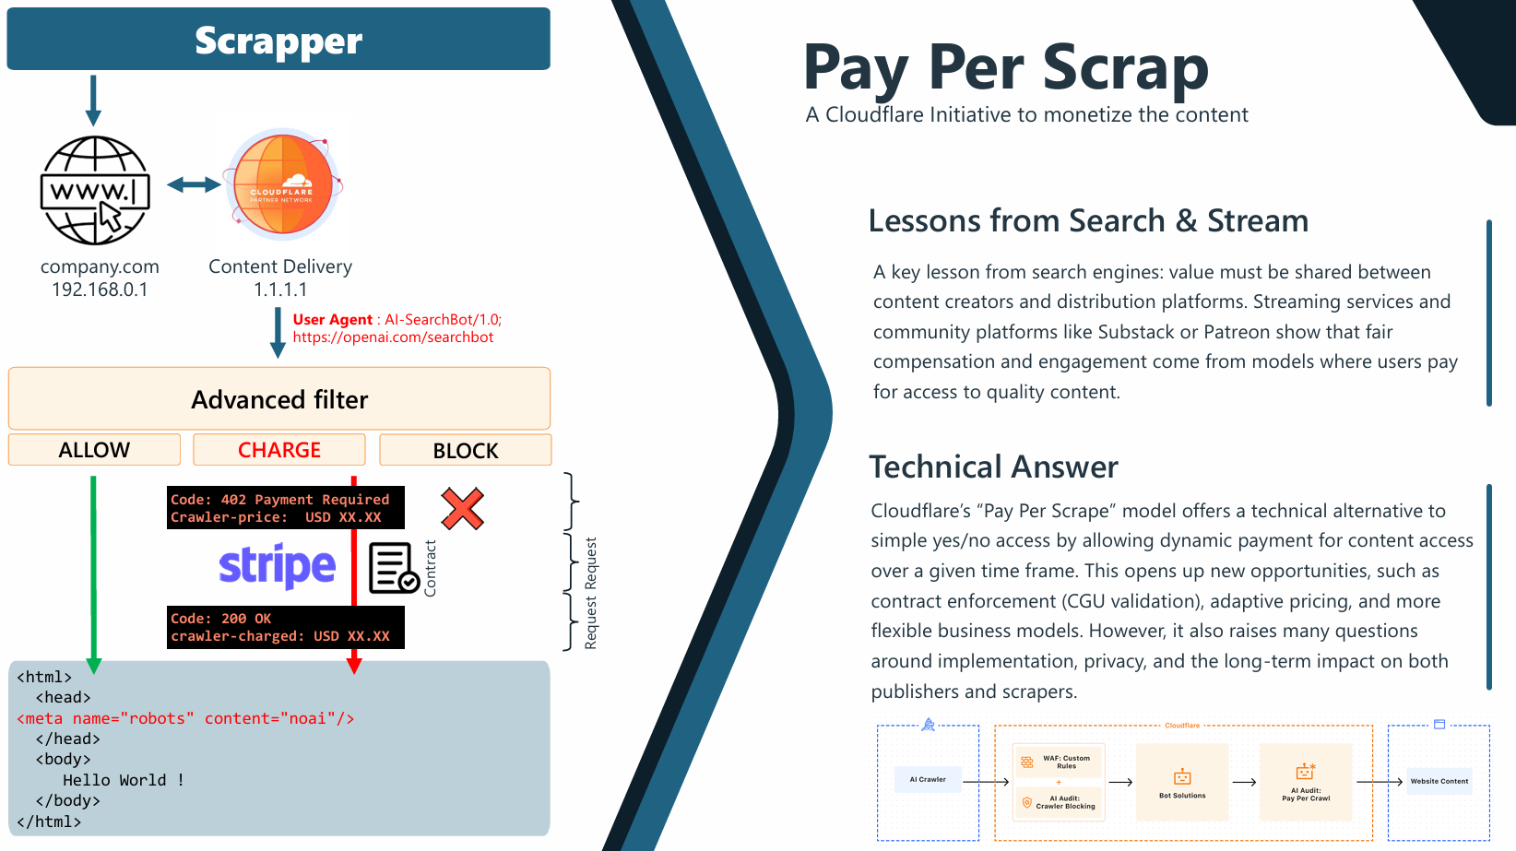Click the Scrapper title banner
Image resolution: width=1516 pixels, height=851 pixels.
click(278, 40)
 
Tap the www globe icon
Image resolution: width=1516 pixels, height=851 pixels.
click(95, 191)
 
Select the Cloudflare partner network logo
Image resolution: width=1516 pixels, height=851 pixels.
click(283, 184)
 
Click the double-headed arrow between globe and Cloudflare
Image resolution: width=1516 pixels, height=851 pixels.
click(194, 185)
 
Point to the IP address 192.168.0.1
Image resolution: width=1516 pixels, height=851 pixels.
click(100, 290)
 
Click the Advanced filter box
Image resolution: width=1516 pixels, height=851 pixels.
click(279, 399)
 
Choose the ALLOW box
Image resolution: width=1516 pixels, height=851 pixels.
click(94, 450)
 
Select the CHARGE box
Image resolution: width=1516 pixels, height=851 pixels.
click(279, 450)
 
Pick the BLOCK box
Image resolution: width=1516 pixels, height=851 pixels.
click(466, 450)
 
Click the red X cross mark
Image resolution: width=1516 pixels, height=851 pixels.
click(462, 508)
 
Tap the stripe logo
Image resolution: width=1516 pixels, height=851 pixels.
click(277, 566)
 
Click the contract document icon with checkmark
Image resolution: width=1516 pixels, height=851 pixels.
click(394, 568)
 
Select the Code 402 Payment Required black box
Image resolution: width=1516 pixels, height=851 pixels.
click(285, 508)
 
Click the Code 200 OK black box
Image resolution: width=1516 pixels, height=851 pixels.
click(285, 627)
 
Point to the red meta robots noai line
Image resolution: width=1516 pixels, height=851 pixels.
click(185, 718)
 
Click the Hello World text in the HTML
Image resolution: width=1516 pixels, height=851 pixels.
click(124, 780)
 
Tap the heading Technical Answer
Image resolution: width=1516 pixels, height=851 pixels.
click(993, 467)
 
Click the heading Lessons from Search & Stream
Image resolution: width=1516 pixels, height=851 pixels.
click(1088, 221)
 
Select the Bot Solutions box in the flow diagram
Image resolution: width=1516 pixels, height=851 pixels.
click(1182, 782)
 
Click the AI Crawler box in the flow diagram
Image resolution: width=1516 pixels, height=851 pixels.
click(928, 780)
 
